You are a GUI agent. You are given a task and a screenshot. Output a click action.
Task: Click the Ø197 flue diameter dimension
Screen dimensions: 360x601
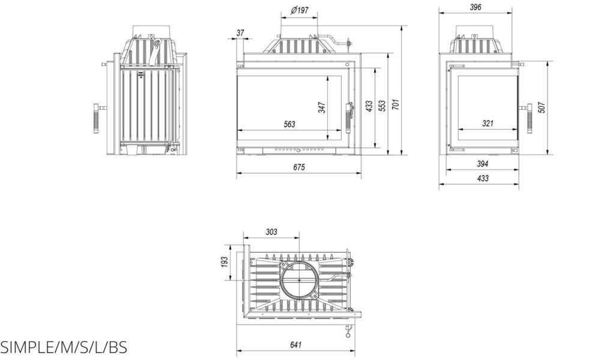point(299,10)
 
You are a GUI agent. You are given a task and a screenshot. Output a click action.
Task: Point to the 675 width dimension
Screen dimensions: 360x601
point(298,167)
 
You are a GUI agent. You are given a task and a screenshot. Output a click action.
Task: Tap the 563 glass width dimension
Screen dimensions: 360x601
point(289,124)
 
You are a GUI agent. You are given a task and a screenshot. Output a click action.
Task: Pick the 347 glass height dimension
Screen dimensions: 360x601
point(322,107)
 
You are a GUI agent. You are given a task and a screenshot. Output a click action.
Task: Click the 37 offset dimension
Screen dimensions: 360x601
point(241,34)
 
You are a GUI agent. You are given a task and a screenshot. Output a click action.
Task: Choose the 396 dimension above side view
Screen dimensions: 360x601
point(476,7)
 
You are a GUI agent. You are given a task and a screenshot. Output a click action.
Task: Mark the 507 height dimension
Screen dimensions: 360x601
point(542,107)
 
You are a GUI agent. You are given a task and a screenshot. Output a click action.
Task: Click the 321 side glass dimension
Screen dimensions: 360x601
point(488,124)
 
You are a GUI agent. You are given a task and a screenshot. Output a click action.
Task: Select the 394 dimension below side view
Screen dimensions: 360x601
point(482,164)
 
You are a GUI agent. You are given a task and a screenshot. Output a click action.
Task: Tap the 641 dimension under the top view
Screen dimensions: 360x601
point(295,345)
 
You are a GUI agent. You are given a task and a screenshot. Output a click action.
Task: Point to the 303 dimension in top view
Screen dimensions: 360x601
point(271,232)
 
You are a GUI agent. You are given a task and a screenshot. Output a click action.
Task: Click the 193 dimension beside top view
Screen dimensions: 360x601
point(225,262)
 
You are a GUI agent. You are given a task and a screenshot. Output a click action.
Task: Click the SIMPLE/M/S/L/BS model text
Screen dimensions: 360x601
point(64,348)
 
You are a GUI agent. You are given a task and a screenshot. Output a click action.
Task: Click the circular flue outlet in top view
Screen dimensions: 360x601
point(300,280)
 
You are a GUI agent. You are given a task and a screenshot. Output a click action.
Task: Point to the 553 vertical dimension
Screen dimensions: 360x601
point(381,106)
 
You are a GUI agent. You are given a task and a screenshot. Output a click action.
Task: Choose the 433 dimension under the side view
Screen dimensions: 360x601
point(482,178)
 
